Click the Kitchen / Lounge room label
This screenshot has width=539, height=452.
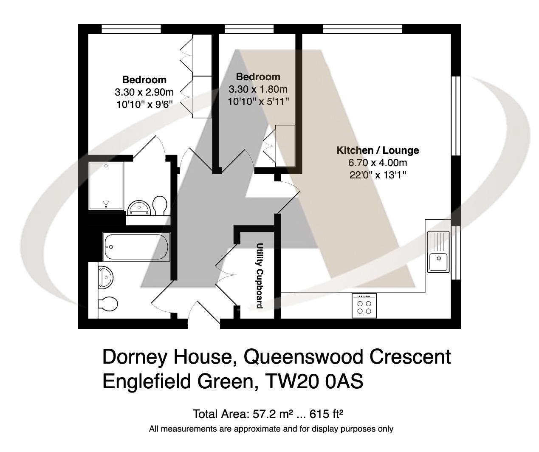coord(378,150)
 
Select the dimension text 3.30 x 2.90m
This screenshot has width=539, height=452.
coord(144,92)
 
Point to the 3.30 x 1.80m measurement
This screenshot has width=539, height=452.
coord(258,89)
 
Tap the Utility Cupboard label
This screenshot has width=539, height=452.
coord(260,276)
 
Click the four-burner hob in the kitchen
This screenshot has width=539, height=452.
coord(364,306)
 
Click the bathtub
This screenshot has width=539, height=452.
coord(136,247)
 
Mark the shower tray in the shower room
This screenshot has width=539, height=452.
coord(106,186)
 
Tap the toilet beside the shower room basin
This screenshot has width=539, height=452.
coord(160,205)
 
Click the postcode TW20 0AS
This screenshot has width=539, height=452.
coord(314,381)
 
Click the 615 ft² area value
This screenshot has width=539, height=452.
coord(327,414)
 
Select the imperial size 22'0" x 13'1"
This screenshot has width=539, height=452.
coord(378,175)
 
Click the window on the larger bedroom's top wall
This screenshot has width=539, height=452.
coord(131,29)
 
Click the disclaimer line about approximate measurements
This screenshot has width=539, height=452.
coord(271,429)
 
